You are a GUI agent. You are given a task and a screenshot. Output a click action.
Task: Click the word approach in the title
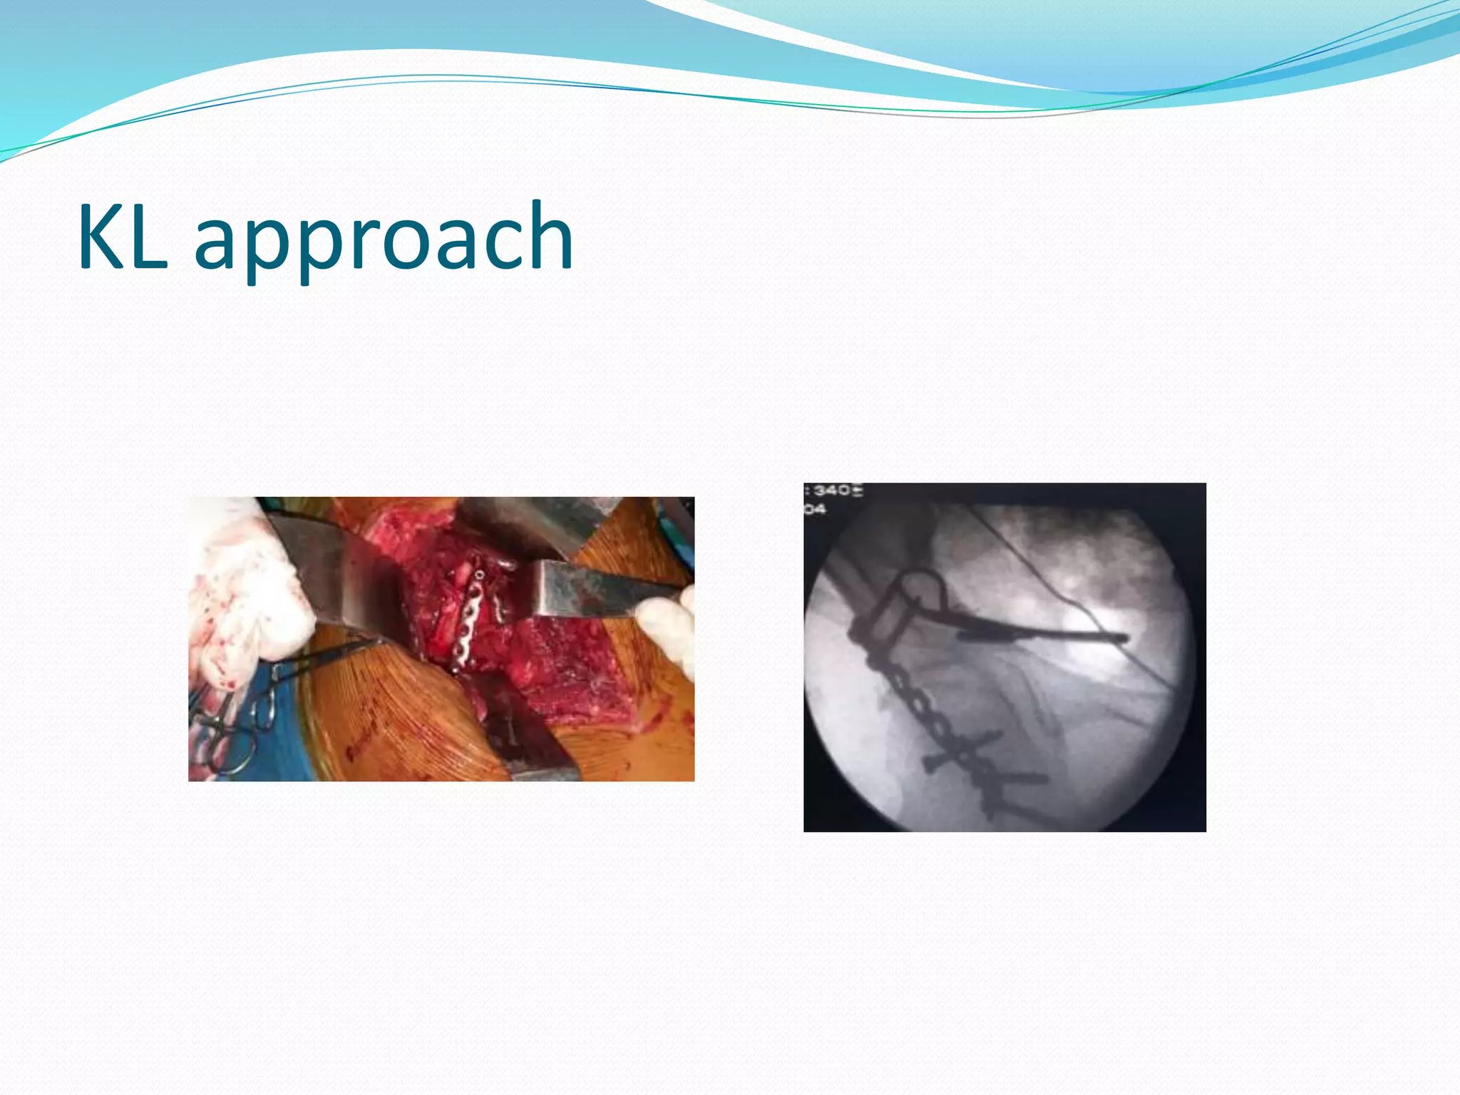coord(384,239)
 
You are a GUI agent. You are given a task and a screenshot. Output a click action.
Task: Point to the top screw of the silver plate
coord(480,575)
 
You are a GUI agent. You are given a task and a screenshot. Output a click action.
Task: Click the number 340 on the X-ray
coord(833,490)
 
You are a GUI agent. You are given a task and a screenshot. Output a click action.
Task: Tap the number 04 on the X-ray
coord(816,508)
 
